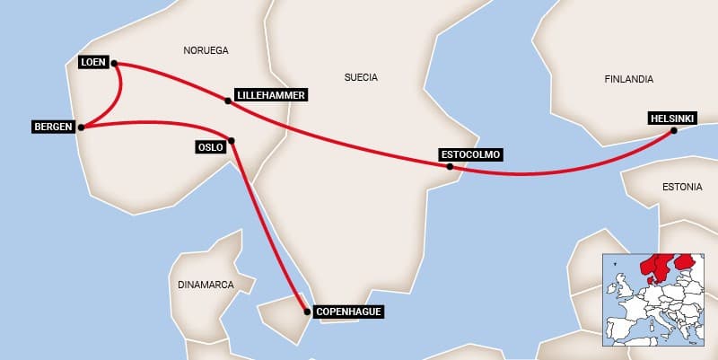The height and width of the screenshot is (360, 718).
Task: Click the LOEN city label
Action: point(93,62)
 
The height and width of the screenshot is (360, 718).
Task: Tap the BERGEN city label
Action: point(52,126)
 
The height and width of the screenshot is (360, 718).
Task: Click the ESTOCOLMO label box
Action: point(471,154)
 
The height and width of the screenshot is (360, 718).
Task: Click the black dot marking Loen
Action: point(117,64)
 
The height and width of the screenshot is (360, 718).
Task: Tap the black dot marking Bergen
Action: point(81,127)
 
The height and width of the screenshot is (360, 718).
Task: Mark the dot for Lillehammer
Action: point(228,101)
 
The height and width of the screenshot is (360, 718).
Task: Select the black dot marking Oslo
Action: point(232,140)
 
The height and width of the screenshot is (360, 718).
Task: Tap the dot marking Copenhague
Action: point(308,312)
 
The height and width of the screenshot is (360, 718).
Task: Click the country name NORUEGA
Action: point(206,49)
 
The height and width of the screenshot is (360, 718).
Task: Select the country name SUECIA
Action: point(361,77)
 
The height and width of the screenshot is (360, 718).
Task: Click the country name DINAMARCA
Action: point(206,284)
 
